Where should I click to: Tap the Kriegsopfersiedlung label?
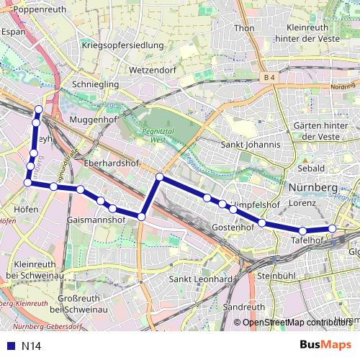(x=123, y=45)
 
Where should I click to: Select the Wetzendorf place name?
(x=153, y=71)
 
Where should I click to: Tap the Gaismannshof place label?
(x=96, y=218)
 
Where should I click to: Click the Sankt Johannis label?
(x=250, y=144)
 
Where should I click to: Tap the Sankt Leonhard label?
(x=199, y=279)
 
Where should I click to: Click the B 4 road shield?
(x=270, y=77)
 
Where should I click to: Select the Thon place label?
(x=245, y=28)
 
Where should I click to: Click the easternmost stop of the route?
(x=333, y=228)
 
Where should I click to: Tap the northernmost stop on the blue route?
(x=38, y=109)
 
